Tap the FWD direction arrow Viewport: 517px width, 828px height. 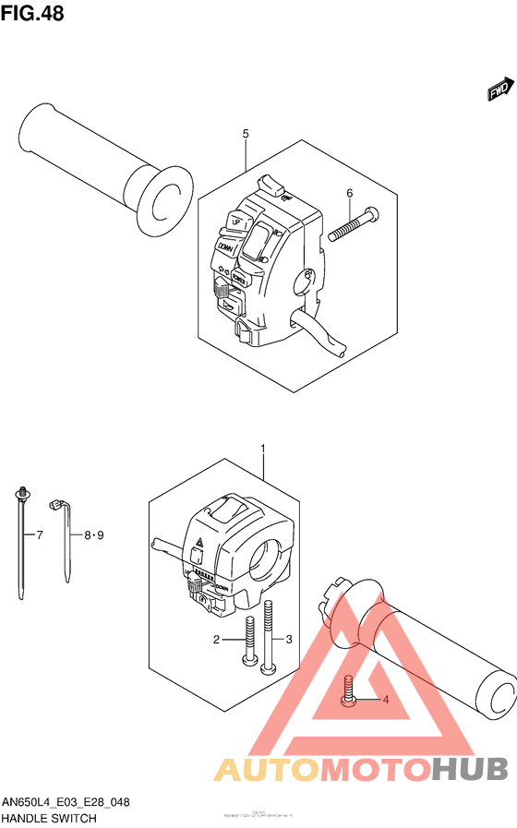(x=499, y=90)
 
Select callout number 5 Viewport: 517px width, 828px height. (x=246, y=134)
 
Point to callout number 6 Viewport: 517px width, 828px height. (x=350, y=193)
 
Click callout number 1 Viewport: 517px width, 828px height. (x=263, y=450)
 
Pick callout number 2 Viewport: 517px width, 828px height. (x=216, y=639)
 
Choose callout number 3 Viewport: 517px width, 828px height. (x=288, y=639)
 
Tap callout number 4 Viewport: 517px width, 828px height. (x=386, y=700)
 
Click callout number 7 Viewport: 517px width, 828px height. (x=39, y=534)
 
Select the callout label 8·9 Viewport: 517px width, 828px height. (x=94, y=534)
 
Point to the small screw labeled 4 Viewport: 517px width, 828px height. (x=348, y=692)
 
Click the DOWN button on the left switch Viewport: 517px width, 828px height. (x=225, y=247)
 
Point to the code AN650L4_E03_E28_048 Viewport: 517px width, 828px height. (x=66, y=802)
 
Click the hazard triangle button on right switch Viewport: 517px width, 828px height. (x=198, y=556)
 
